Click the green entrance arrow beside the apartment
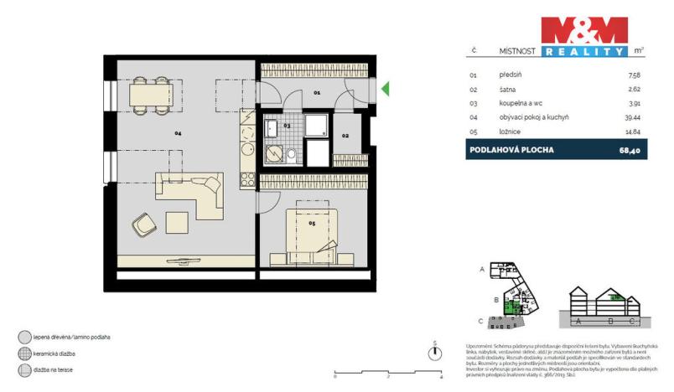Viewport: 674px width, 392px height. (385, 88)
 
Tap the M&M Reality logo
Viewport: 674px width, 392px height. (583, 36)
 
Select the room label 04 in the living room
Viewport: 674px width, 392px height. (178, 133)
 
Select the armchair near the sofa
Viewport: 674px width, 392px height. (143, 224)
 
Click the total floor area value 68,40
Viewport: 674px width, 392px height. (630, 150)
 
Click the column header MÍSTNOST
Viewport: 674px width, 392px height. (516, 50)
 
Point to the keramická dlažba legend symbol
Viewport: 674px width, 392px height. (23, 353)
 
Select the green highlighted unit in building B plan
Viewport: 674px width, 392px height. (508, 306)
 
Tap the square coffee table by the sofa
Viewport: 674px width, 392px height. (177, 222)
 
